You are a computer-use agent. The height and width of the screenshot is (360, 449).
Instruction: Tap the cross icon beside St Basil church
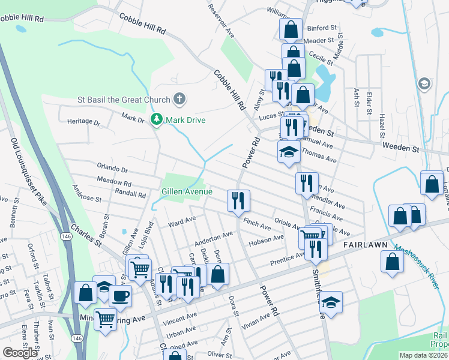pos(178,99)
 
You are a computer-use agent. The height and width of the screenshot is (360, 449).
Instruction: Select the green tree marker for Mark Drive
pos(157,120)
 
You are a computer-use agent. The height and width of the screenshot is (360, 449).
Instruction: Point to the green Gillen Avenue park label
pos(187,191)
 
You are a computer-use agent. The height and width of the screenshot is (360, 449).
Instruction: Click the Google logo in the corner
pos(20,352)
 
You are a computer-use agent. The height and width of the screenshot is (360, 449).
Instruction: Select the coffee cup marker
pos(121,296)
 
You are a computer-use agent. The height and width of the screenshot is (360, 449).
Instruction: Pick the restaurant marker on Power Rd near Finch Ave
pos(238,201)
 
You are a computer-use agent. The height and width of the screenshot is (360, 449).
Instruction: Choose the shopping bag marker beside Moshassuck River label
pos(392,262)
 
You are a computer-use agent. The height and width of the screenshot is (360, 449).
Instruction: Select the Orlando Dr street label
pos(112,170)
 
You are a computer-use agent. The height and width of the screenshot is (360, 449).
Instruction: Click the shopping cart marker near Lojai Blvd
pos(139,268)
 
